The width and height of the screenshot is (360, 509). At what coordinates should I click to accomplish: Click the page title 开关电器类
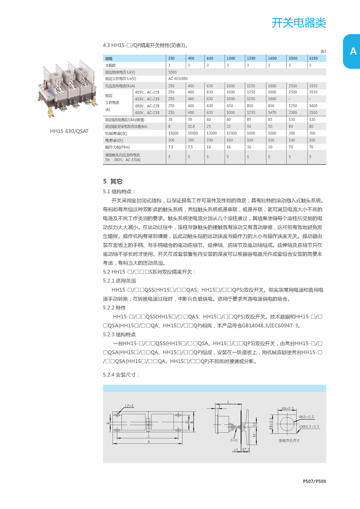point(299,23)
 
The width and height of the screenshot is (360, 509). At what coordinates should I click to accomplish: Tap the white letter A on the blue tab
point(353,51)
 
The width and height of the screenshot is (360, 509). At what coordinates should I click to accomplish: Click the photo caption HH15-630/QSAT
point(69,131)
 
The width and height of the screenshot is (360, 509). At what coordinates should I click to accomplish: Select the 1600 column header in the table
point(272,58)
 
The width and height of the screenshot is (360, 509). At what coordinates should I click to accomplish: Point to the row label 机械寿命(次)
point(116,133)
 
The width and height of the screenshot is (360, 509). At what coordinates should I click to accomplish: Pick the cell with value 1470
point(272,112)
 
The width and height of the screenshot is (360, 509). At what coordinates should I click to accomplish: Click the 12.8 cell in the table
point(191,126)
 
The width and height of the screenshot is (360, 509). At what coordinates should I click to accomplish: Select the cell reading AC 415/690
point(178,79)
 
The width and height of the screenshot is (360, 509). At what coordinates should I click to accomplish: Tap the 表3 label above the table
point(323,51)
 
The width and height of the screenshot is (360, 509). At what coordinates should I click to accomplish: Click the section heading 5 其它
point(113,181)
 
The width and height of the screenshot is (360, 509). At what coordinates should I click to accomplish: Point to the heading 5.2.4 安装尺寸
point(121,375)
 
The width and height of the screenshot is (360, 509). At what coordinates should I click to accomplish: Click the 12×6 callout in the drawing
point(129,406)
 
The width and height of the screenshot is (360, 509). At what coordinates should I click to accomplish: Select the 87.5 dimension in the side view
point(246,449)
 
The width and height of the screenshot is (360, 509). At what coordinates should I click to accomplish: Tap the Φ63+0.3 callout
point(306,417)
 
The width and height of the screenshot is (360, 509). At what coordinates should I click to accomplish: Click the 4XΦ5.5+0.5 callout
point(309,427)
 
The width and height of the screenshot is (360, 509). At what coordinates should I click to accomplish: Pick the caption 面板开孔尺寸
point(289,441)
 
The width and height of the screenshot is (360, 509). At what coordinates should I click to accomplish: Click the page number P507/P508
point(314,481)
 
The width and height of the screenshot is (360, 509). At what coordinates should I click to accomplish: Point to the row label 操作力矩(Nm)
point(118,147)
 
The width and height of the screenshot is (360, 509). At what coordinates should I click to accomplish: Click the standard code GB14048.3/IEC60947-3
point(271,326)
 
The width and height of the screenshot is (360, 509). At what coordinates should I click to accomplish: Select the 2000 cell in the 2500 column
point(293,112)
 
